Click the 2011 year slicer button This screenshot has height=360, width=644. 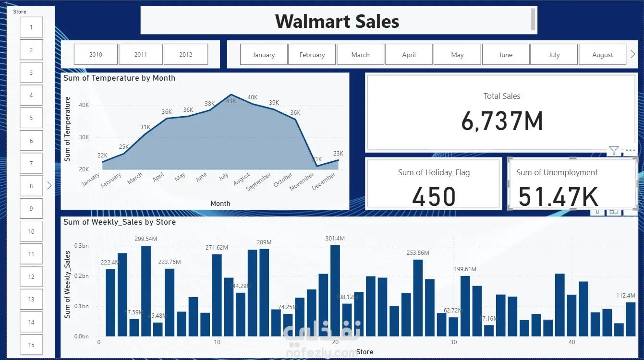coord(141,55)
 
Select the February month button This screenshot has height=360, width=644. coord(312,55)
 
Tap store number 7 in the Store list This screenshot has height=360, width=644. coord(31,164)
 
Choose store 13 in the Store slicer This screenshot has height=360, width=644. coord(31,300)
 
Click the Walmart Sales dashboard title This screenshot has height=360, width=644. coord(337,21)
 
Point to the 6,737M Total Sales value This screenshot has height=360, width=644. coord(502,120)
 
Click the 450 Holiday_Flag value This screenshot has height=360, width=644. coord(434,197)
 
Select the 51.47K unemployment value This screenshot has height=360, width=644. coord(559,197)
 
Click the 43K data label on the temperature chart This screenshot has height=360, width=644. coord(231,101)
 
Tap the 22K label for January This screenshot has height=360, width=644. coord(102,155)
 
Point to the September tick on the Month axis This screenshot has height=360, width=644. coord(259,182)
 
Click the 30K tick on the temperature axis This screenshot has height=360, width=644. coord(84,137)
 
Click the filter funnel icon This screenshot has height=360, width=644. coord(614,151)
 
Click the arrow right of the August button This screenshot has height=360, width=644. coord(633,55)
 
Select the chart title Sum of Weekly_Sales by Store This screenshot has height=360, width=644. coord(120,222)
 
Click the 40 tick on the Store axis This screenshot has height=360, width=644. coord(571,342)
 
